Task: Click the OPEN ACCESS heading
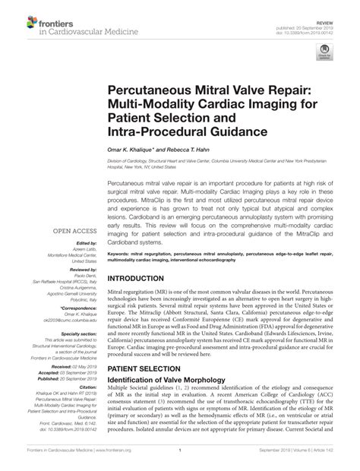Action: pyautogui.click(x=73, y=228)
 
